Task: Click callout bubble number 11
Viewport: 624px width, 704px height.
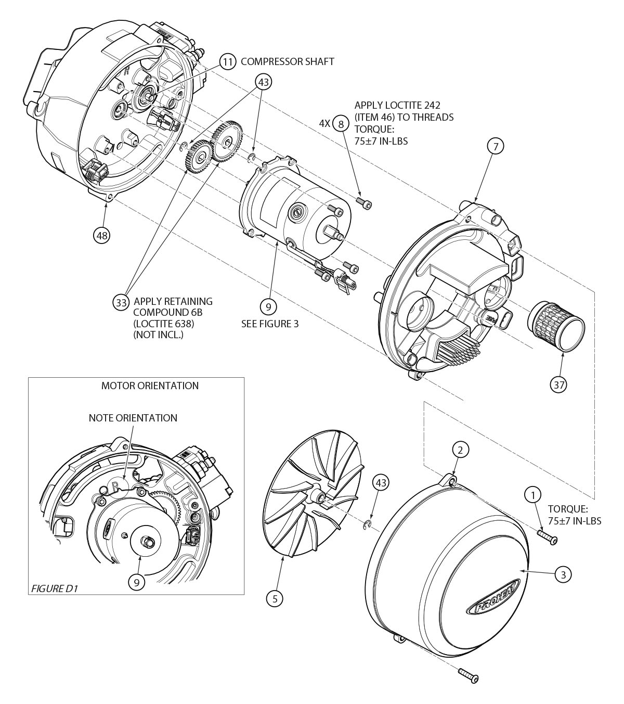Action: coord(227,61)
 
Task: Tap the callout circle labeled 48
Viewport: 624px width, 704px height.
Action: coord(101,236)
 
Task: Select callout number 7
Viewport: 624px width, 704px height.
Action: coord(496,147)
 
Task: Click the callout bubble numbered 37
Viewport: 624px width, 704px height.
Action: coord(558,385)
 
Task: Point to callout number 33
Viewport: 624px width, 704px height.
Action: coord(121,302)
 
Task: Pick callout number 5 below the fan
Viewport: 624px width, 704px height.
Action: coord(275,598)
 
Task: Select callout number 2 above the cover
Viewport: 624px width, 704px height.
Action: coord(460,449)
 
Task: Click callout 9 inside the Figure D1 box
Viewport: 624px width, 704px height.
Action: coord(136,582)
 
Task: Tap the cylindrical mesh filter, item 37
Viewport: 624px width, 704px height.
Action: coord(556,327)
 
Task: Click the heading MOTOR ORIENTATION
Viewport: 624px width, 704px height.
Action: coord(150,386)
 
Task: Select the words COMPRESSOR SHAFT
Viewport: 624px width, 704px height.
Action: coord(287,61)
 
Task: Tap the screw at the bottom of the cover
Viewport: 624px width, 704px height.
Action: coord(469,676)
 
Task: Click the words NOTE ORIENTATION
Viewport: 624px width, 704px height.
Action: coord(133,418)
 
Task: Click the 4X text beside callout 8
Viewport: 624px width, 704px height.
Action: coord(325,124)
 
